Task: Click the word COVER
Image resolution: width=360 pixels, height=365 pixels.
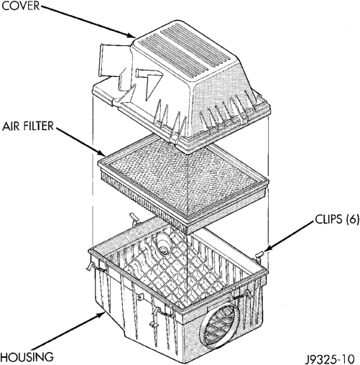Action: pos(20,6)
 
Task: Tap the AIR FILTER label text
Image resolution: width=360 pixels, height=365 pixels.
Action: pos(28,126)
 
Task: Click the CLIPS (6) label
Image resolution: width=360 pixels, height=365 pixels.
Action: pos(337,219)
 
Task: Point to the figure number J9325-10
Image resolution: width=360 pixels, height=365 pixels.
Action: pos(330,359)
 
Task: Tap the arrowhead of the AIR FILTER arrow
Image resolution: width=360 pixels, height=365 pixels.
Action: pos(101,152)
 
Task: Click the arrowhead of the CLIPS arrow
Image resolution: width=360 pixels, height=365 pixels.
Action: pos(267,248)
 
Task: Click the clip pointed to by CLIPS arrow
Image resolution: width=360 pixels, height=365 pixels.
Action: pos(259,256)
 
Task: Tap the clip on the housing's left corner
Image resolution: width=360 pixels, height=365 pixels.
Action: pos(91,265)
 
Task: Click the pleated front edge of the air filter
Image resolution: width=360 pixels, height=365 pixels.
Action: pos(144,201)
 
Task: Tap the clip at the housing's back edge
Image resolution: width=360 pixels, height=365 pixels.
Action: pos(134,218)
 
